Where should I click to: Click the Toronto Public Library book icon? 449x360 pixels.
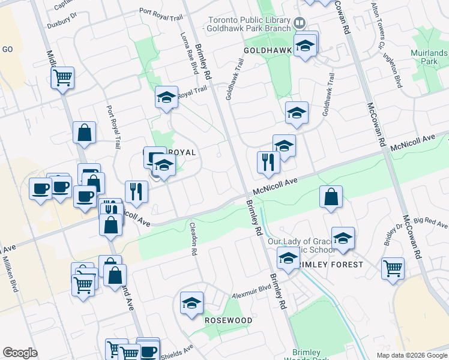pyautogui.click(x=299, y=23)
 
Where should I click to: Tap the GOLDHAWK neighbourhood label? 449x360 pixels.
pyautogui.click(x=267, y=51)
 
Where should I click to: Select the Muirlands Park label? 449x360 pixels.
pyautogui.click(x=429, y=57)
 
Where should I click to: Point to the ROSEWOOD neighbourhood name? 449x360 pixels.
pyautogui.click(x=228, y=320)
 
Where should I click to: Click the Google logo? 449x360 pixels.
pyautogui.click(x=20, y=353)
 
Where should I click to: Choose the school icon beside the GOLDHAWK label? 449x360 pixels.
pyautogui.click(x=305, y=45)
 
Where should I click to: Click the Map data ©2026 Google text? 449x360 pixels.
pyautogui.click(x=411, y=355)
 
